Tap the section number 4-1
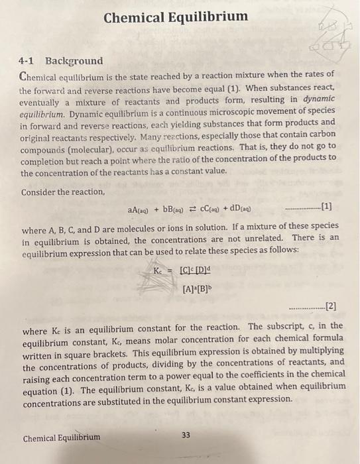coord(29,60)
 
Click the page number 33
coord(186,435)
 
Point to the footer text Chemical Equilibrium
coord(62,437)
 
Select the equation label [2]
coord(330,306)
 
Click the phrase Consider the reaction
coord(63,192)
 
